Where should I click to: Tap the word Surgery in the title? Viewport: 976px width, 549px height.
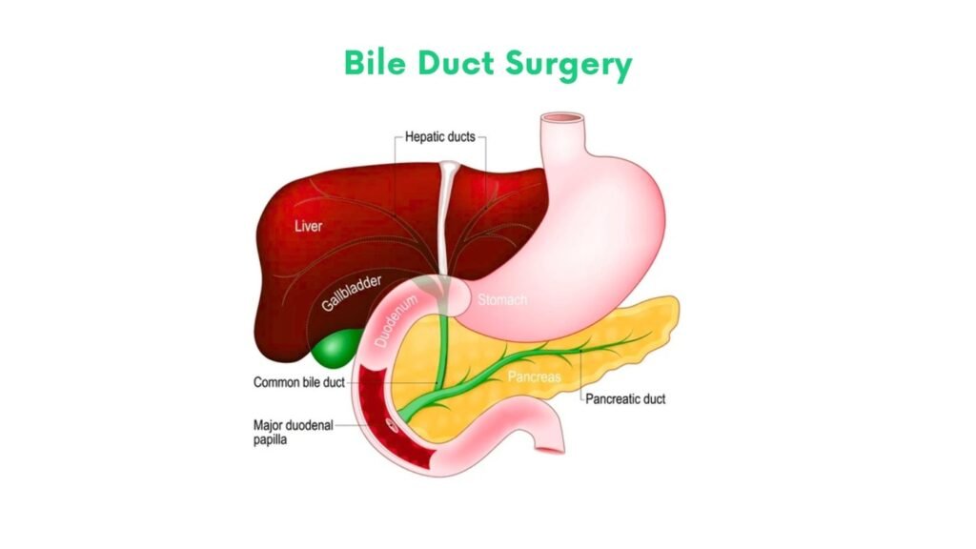pyautogui.click(x=569, y=65)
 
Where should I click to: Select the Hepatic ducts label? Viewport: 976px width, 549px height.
pyautogui.click(x=440, y=137)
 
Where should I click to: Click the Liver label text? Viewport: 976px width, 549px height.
pyautogui.click(x=308, y=225)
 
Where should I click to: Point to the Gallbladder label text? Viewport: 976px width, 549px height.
pyautogui.click(x=352, y=293)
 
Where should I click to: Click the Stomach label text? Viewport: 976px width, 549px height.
pyautogui.click(x=502, y=300)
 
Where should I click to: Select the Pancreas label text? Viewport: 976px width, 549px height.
pyautogui.click(x=534, y=376)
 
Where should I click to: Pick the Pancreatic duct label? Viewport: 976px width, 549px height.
pyautogui.click(x=625, y=399)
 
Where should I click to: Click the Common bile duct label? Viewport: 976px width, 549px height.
pyautogui.click(x=298, y=382)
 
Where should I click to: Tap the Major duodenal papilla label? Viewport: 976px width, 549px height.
pyautogui.click(x=294, y=432)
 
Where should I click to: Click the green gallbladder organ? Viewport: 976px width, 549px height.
pyautogui.click(x=336, y=349)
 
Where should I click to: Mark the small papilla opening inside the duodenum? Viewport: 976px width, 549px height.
pyautogui.click(x=392, y=425)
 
